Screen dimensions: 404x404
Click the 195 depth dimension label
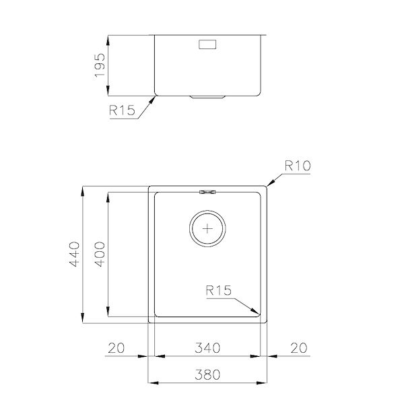[x=99, y=65]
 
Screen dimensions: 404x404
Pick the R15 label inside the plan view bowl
[x=218, y=291]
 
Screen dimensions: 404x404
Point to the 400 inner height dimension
[x=100, y=254]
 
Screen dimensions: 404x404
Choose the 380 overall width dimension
[x=207, y=374]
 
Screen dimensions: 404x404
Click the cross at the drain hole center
[x=207, y=228]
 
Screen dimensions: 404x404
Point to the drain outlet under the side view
[x=207, y=97]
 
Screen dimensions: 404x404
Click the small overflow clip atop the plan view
[x=207, y=191]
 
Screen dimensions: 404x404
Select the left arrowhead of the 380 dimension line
[x=151, y=382]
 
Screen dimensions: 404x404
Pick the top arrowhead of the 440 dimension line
[x=81, y=186]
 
